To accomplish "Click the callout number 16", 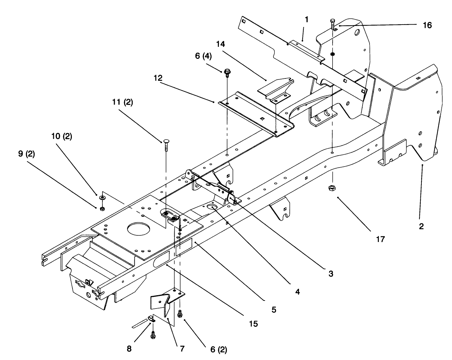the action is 427,25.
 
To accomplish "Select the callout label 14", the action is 220,44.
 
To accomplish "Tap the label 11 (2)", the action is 122,102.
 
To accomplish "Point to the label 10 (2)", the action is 62,136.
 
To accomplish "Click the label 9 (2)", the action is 27,154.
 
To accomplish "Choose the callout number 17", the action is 380,239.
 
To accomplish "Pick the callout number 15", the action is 253,324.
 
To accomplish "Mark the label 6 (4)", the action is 203,56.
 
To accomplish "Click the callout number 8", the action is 129,349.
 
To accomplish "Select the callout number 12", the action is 158,78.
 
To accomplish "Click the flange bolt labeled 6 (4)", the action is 227,73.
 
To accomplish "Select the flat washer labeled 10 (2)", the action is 102,197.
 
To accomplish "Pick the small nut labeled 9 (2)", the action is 102,209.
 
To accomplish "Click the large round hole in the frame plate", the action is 138,229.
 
